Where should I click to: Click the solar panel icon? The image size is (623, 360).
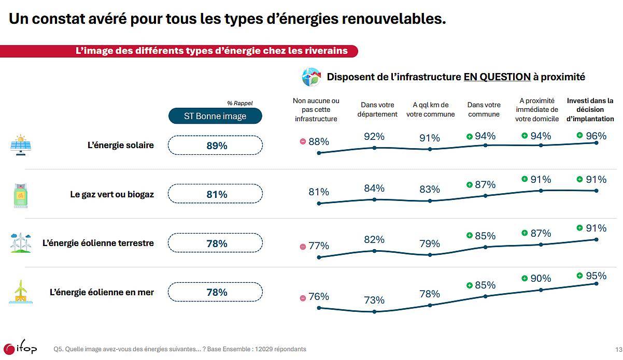coord(20,145)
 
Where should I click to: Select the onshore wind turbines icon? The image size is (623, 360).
coord(20,242)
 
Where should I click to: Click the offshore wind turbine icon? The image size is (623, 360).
coord(20,292)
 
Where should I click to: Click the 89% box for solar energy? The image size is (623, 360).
coord(216,146)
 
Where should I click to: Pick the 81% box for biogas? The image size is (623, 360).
coord(216,194)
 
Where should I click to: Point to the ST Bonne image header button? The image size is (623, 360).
coord(215,116)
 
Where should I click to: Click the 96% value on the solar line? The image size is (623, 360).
coord(596,136)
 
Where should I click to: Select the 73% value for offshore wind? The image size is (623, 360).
coord(374,300)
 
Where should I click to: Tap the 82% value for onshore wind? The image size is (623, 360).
coord(374,239)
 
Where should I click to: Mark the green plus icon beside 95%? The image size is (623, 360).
coord(580,276)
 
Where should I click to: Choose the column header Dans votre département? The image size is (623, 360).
coord(377,110)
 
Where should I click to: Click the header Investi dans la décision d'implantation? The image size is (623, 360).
coord(590,110)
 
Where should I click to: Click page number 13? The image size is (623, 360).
coord(617,349)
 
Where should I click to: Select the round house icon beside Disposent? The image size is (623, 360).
coord(311,77)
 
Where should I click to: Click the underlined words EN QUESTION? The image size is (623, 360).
coord(497,77)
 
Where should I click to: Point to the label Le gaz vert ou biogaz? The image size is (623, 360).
coord(112,195)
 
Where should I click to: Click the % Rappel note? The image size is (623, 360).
coord(239,103)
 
